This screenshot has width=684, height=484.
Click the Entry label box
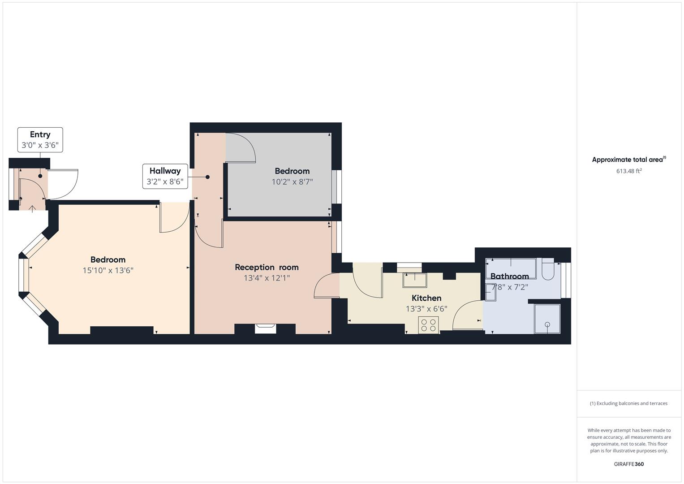click(x=40, y=140)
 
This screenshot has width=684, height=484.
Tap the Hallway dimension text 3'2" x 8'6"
click(x=165, y=182)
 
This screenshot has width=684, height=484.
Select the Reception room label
click(x=267, y=268)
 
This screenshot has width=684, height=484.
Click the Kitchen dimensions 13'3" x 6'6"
click(x=426, y=309)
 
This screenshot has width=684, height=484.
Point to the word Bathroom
click(x=509, y=276)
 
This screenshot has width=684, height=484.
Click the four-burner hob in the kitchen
click(x=428, y=325)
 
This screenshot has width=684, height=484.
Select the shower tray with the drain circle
click(x=547, y=319)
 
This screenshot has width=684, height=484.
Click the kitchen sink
click(x=415, y=281)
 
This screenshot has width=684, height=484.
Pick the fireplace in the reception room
click(x=265, y=329)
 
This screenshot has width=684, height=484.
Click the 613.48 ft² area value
click(x=629, y=171)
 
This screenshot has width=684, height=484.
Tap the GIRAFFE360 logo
click(x=629, y=464)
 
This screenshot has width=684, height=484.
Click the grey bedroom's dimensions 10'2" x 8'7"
click(x=292, y=182)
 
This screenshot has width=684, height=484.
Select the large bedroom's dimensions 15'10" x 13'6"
click(x=108, y=270)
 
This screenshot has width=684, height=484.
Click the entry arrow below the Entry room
click(x=32, y=209)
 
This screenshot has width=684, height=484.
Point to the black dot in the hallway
click(x=207, y=177)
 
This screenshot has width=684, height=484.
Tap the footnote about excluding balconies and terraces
click(x=628, y=403)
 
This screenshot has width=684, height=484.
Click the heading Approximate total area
click(x=629, y=159)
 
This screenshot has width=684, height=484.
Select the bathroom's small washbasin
click(x=490, y=292)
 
